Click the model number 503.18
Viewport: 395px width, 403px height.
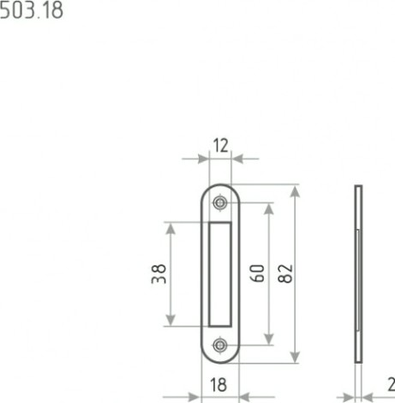(31, 11)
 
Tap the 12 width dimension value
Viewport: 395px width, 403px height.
(221, 146)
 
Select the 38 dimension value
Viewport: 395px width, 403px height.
(159, 274)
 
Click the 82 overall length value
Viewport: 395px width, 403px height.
(285, 274)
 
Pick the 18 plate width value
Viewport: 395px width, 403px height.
(218, 385)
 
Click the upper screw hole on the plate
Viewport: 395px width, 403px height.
(220, 202)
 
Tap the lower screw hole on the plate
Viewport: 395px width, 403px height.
(220, 345)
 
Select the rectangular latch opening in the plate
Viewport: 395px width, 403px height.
(219, 274)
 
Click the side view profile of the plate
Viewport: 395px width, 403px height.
(358, 274)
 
